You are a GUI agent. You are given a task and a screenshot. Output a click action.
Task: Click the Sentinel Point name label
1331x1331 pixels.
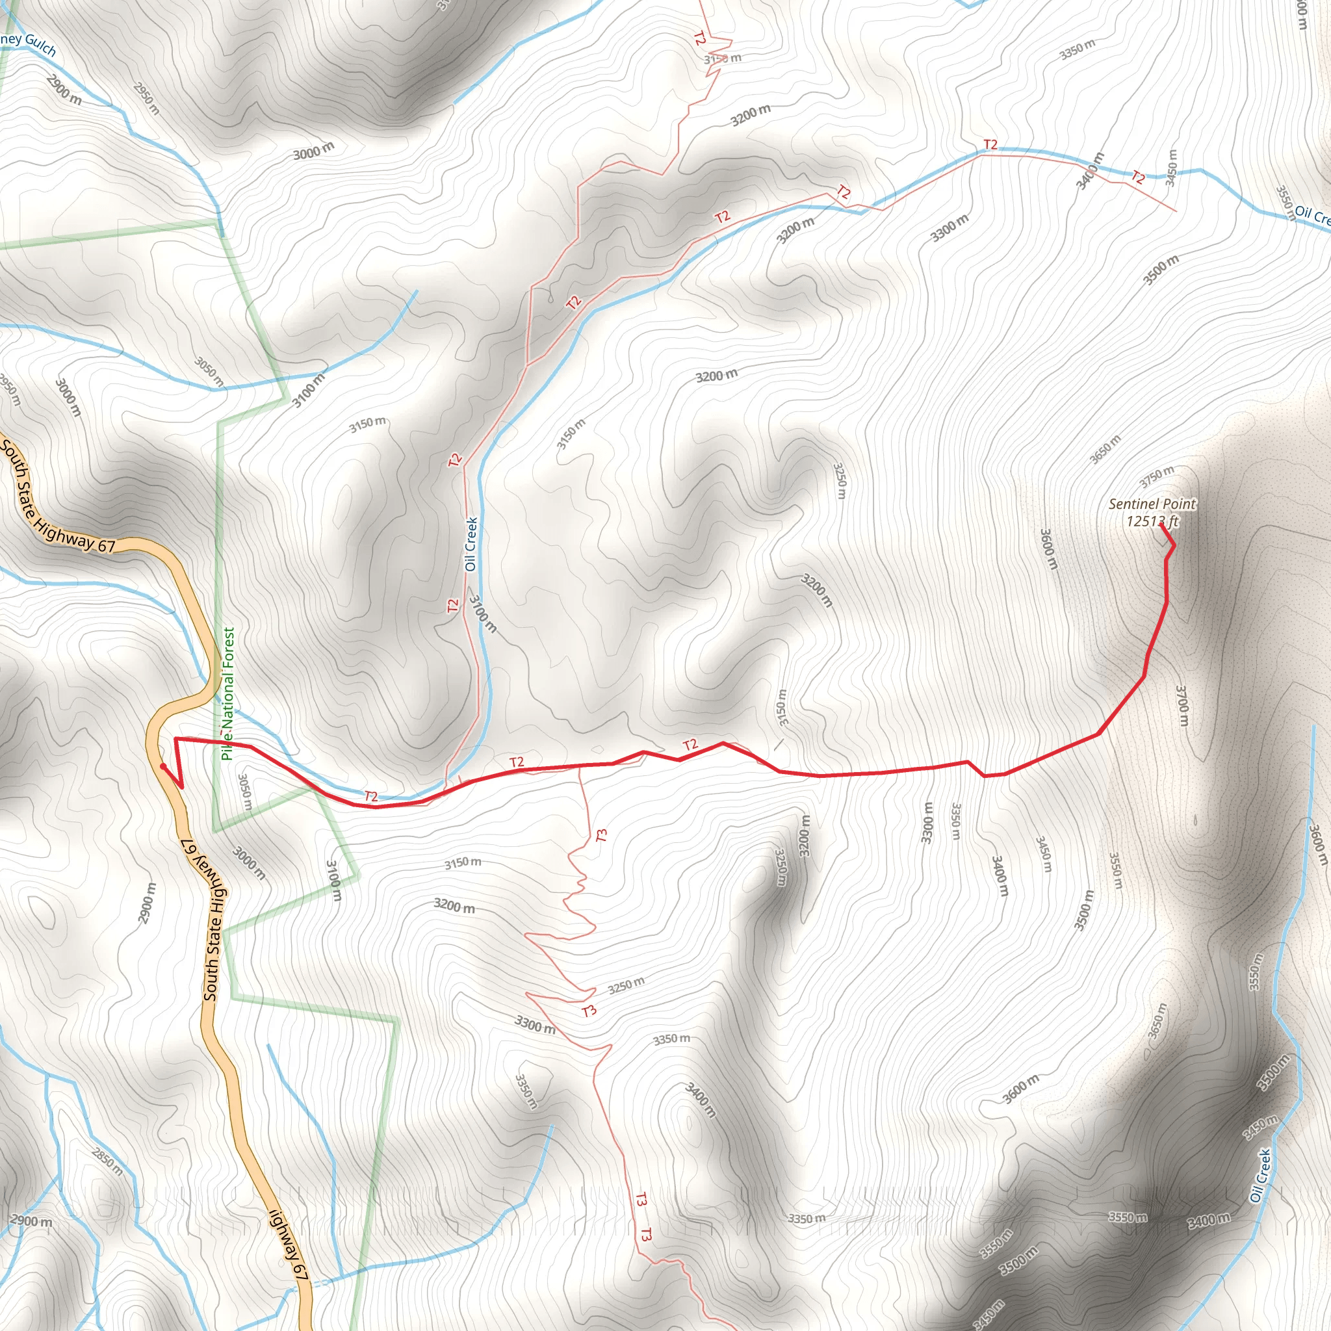click(x=1152, y=504)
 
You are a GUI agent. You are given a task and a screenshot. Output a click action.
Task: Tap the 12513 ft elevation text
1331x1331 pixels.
click(x=1152, y=521)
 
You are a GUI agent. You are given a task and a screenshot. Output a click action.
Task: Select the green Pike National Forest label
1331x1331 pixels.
click(x=228, y=693)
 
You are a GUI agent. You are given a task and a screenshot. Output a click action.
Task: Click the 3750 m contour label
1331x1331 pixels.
click(x=1156, y=475)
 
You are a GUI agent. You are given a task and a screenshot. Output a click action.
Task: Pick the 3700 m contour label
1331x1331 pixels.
click(x=1182, y=704)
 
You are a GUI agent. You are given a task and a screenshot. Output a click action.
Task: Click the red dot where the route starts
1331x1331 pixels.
click(x=162, y=766)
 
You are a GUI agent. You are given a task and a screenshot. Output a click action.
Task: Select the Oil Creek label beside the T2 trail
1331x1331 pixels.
click(x=471, y=543)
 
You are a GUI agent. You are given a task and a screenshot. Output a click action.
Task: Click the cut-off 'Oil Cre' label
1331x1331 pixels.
click(x=1312, y=215)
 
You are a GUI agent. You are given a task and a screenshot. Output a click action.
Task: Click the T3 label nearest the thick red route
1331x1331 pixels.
click(x=601, y=835)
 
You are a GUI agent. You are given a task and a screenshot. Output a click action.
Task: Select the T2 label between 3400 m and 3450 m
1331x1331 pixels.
click(x=1138, y=177)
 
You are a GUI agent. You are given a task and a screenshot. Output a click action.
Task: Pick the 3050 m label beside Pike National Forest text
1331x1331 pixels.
click(x=244, y=791)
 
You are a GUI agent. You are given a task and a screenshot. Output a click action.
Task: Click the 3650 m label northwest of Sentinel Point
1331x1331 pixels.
click(x=1105, y=449)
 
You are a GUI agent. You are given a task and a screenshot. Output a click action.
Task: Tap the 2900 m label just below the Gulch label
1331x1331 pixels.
click(x=64, y=89)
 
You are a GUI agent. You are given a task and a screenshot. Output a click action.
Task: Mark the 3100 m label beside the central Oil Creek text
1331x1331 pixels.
click(x=482, y=613)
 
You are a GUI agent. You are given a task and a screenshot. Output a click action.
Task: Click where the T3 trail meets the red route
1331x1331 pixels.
click(x=579, y=766)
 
